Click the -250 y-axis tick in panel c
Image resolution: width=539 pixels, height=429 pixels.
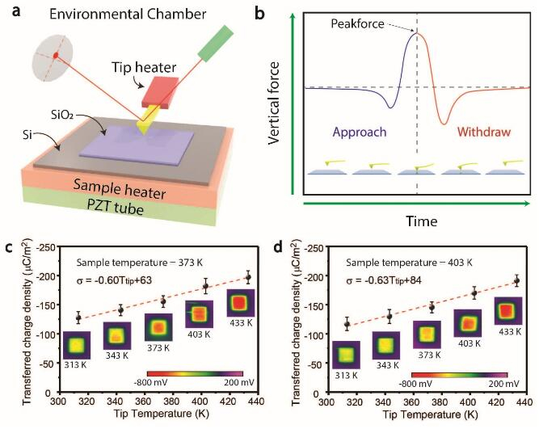(x=46, y=248)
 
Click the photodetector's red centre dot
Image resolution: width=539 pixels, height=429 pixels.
(x=56, y=55)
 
